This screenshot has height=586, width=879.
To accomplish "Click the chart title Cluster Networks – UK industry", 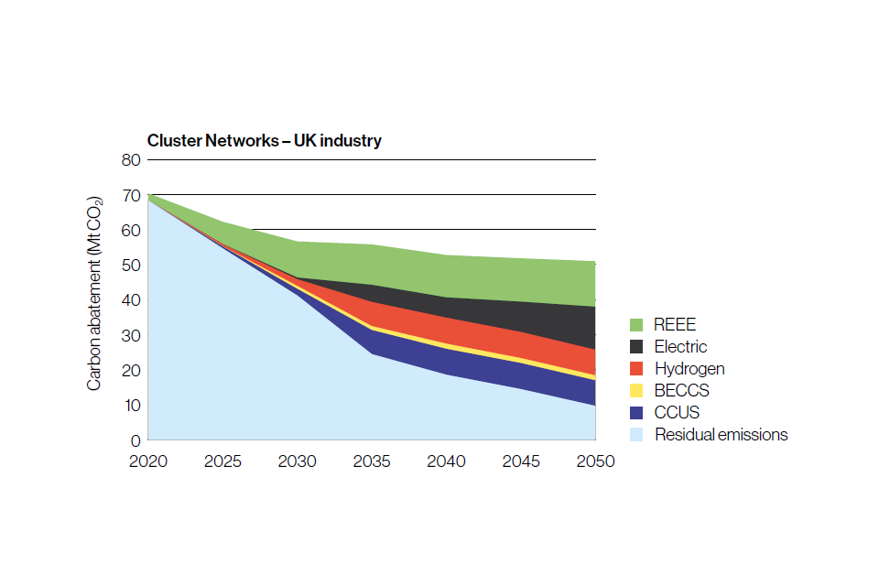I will click(265, 141).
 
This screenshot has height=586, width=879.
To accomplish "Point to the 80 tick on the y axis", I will click(131, 160).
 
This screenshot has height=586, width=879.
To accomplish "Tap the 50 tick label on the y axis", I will click(131, 266).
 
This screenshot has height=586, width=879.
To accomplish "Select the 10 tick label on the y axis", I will click(131, 406).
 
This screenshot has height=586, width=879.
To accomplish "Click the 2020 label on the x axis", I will click(147, 461).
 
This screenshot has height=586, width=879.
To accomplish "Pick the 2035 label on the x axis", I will click(372, 461).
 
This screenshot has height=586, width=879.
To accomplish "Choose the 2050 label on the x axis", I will click(595, 461).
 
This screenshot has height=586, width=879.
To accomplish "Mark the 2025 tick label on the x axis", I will click(222, 461).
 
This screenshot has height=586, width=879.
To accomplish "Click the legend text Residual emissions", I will click(721, 435).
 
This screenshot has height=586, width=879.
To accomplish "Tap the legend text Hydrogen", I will click(689, 369).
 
